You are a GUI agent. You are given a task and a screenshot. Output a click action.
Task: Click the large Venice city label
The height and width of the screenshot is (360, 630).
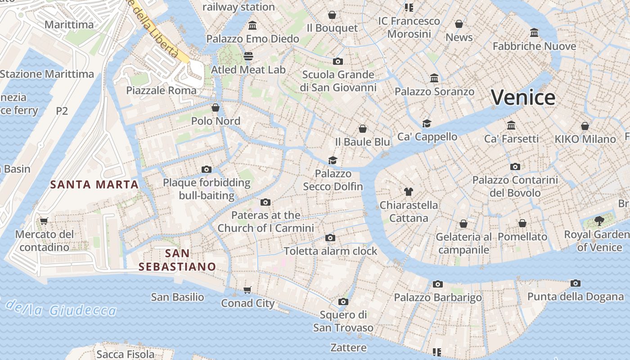(x=523, y=98)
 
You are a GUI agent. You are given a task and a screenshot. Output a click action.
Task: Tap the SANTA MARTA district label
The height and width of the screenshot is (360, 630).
(x=94, y=184)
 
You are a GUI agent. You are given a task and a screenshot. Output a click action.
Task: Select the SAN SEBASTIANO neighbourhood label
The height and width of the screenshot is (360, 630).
(x=177, y=260)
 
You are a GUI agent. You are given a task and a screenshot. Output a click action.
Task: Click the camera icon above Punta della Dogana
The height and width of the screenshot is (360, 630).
(x=575, y=283)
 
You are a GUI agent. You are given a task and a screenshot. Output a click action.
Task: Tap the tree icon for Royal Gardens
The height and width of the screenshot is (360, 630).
(x=599, y=220)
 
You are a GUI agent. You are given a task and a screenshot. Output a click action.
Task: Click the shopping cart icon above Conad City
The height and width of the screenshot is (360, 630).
(x=247, y=289)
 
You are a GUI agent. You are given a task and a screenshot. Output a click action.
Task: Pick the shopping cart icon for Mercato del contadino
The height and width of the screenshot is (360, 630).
(x=44, y=220)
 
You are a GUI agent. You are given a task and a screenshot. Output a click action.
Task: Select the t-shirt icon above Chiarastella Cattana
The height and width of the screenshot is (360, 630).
(x=408, y=191)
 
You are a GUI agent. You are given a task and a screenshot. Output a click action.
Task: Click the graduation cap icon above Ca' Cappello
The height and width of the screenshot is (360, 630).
(x=427, y=123)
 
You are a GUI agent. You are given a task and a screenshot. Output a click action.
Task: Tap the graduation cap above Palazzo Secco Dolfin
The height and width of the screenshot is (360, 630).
(x=333, y=160)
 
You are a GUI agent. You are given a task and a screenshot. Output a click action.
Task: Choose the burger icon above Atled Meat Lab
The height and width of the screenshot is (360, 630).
(x=248, y=56)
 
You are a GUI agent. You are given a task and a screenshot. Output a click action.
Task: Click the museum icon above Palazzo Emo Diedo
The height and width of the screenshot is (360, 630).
(x=252, y=25)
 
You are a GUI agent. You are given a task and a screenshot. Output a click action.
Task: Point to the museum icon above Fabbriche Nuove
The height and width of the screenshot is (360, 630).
(x=534, y=32)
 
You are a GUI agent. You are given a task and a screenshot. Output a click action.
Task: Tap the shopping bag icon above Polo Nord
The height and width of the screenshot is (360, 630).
(x=216, y=108)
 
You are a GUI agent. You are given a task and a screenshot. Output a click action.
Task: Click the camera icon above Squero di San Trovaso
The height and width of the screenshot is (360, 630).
(x=343, y=301)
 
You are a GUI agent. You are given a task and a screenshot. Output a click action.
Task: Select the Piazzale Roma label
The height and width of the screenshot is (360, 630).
(x=161, y=90)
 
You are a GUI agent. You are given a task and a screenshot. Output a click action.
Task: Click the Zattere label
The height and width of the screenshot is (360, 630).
(x=348, y=347)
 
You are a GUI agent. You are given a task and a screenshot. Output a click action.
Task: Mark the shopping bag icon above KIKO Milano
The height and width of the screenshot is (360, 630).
(x=585, y=126)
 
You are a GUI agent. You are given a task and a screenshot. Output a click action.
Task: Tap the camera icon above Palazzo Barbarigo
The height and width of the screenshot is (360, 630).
(x=437, y=284)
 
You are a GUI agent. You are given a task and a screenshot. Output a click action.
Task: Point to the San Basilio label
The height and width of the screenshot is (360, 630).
(x=177, y=297)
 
